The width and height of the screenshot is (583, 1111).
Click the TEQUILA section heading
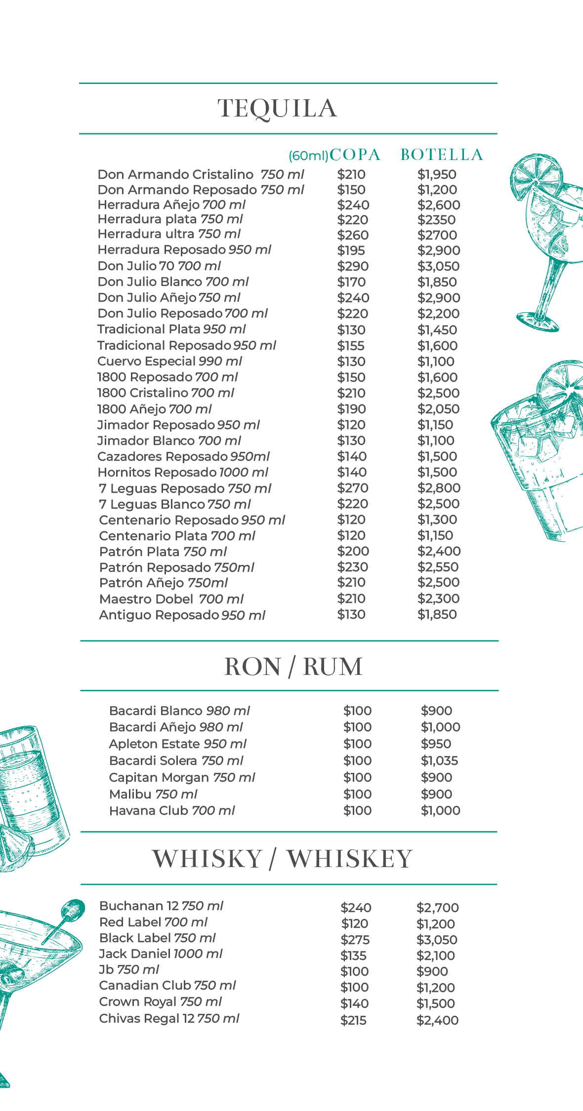click(277, 109)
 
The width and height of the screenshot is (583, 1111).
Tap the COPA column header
click(355, 155)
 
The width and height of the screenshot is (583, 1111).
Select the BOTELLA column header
click(442, 155)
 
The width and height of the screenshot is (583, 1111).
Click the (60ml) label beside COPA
click(308, 156)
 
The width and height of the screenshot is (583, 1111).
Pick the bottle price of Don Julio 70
click(438, 266)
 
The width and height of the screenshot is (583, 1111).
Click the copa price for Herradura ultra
click(353, 235)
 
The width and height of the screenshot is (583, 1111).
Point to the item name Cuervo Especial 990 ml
click(169, 361)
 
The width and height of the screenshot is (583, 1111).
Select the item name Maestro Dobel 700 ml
click(171, 599)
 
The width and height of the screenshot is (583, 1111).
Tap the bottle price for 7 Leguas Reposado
click(439, 488)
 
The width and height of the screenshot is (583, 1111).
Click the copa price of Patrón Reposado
click(353, 567)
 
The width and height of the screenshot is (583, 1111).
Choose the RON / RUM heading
click(293, 667)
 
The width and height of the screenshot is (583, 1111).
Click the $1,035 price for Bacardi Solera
click(439, 760)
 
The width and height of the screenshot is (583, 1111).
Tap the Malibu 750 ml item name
click(153, 794)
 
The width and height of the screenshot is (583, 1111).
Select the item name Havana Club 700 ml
click(172, 811)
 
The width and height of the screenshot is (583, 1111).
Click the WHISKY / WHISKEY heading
click(282, 859)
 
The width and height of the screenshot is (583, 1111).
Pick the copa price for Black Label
click(355, 940)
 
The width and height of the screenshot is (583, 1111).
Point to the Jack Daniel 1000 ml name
click(161, 954)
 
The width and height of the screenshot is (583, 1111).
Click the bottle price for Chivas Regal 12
click(437, 1020)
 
